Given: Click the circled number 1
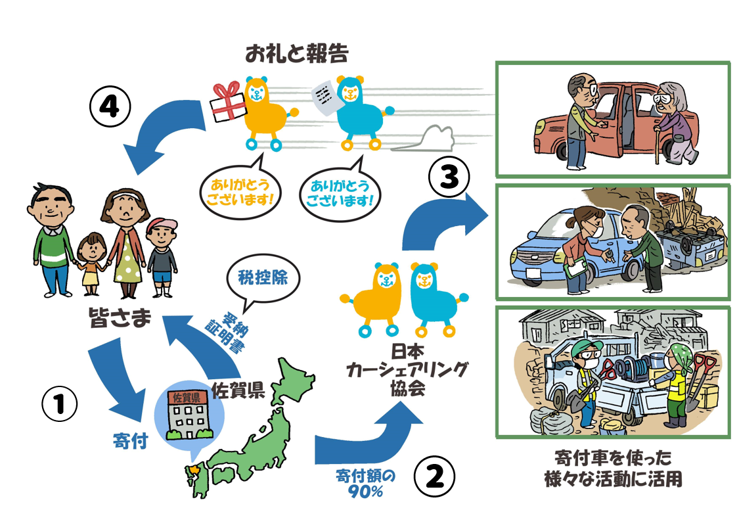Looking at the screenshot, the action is [x=59, y=404].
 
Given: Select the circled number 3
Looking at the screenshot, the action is [x=449, y=177].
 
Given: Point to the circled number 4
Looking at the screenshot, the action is [x=110, y=108].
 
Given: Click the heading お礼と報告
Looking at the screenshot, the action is [x=297, y=53].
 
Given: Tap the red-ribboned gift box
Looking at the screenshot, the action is [x=229, y=101].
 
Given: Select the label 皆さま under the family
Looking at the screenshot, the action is [x=120, y=317].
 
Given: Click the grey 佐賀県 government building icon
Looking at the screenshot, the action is [x=188, y=413].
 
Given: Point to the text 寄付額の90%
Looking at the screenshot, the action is [x=366, y=484].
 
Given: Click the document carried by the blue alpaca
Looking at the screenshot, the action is [x=325, y=97].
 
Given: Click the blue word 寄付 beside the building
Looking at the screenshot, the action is [x=131, y=441].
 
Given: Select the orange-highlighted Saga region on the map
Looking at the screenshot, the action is [x=193, y=471].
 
